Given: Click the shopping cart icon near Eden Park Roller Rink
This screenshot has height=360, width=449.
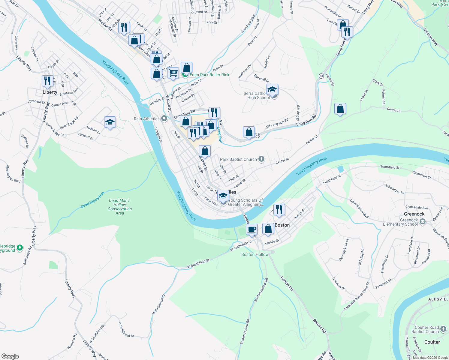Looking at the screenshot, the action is click(x=173, y=73).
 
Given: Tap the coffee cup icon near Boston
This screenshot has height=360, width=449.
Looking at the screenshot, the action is click(x=252, y=230).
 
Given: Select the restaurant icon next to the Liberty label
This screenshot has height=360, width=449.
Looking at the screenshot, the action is click(x=47, y=81).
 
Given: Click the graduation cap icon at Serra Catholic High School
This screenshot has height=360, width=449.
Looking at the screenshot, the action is click(x=272, y=90).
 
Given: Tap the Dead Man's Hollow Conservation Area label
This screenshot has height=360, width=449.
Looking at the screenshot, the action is click(x=120, y=207).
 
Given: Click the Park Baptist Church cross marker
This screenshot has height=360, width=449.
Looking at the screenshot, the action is click(x=261, y=159).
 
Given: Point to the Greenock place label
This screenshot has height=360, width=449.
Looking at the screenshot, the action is click(x=414, y=214).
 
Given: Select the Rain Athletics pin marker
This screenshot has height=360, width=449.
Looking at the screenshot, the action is click(x=164, y=118).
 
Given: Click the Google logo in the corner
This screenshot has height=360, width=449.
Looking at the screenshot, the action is click(x=10, y=356).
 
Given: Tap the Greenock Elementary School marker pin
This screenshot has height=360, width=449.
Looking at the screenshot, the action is click(x=423, y=222).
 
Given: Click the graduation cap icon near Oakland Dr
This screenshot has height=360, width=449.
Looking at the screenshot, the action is click(x=110, y=122).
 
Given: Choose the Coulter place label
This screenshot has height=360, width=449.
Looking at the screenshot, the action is click(x=432, y=342).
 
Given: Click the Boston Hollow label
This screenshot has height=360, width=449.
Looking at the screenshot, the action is click(x=255, y=254).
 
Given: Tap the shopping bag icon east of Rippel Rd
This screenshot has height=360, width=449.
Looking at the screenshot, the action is click(x=340, y=109).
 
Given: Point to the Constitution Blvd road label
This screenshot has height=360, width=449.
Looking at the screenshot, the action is click(x=359, y=208).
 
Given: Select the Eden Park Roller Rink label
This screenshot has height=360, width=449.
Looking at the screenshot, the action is click(x=209, y=75).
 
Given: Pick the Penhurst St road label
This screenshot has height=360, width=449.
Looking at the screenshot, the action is click(x=383, y=284).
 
